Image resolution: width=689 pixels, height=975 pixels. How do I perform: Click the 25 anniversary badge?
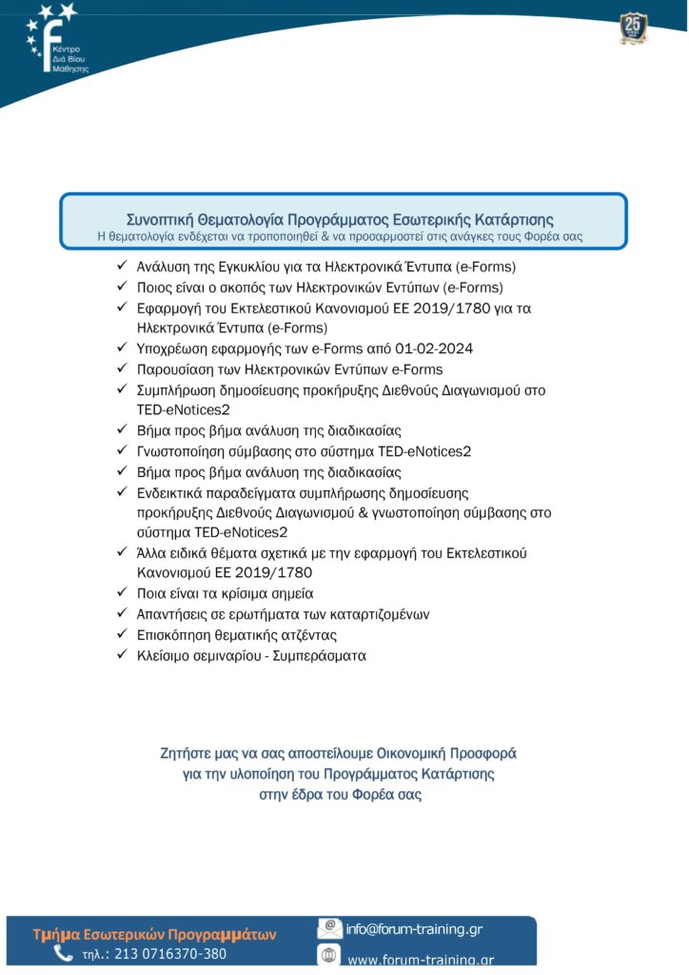pyautogui.click(x=633, y=26)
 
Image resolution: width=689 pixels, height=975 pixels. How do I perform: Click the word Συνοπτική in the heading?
pyautogui.click(x=159, y=220)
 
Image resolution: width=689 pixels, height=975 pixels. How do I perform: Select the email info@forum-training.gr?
pyautogui.click(x=413, y=929)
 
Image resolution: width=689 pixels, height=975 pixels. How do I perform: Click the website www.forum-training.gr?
pyautogui.click(x=420, y=960)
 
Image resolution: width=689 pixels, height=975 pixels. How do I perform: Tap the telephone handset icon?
pyautogui.click(x=63, y=953)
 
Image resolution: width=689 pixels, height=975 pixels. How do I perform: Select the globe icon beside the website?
pyautogui.click(x=329, y=958)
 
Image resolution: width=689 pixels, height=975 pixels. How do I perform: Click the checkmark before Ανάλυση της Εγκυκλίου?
pyautogui.click(x=122, y=267)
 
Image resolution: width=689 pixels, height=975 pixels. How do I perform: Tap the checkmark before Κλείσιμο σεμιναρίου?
pyautogui.click(x=122, y=655)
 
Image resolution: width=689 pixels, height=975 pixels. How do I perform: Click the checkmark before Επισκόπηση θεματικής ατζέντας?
pyautogui.click(x=122, y=635)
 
